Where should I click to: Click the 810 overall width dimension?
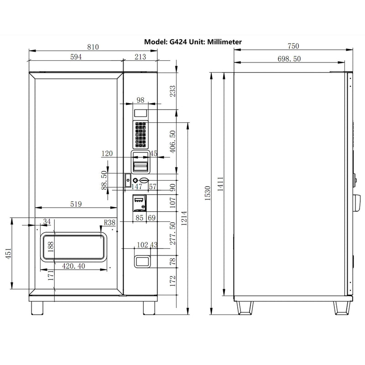click(x=93, y=47)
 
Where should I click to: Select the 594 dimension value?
click(x=76, y=57)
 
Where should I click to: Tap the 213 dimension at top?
click(x=141, y=57)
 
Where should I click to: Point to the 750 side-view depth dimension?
click(x=293, y=46)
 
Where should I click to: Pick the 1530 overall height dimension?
click(x=208, y=193)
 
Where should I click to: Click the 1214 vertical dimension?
click(x=184, y=220)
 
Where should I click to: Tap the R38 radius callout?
click(x=109, y=223)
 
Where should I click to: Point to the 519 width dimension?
click(x=76, y=204)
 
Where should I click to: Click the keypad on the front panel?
click(x=140, y=135)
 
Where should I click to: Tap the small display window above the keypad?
click(x=141, y=112)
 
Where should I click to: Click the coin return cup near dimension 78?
click(x=142, y=261)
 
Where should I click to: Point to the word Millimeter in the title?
click(x=224, y=42)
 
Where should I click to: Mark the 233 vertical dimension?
click(x=172, y=91)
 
